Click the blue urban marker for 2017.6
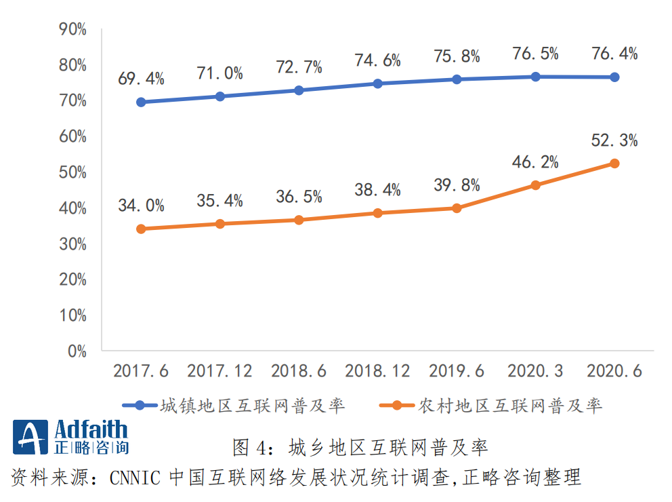(x=141, y=102)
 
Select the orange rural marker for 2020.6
(x=614, y=163)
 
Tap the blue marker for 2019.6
(x=457, y=79)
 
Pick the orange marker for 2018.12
(x=377, y=213)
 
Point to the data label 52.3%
(x=614, y=141)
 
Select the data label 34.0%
(x=141, y=206)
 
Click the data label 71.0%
(x=219, y=74)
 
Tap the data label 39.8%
(x=457, y=185)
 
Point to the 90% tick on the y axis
(x=73, y=29)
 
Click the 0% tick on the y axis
(x=77, y=351)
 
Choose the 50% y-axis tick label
(x=73, y=172)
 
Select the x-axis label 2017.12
(x=219, y=371)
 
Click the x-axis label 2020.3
(x=535, y=371)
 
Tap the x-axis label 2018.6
(x=299, y=371)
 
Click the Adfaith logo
(x=70, y=438)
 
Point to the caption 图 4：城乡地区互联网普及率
(x=360, y=448)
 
